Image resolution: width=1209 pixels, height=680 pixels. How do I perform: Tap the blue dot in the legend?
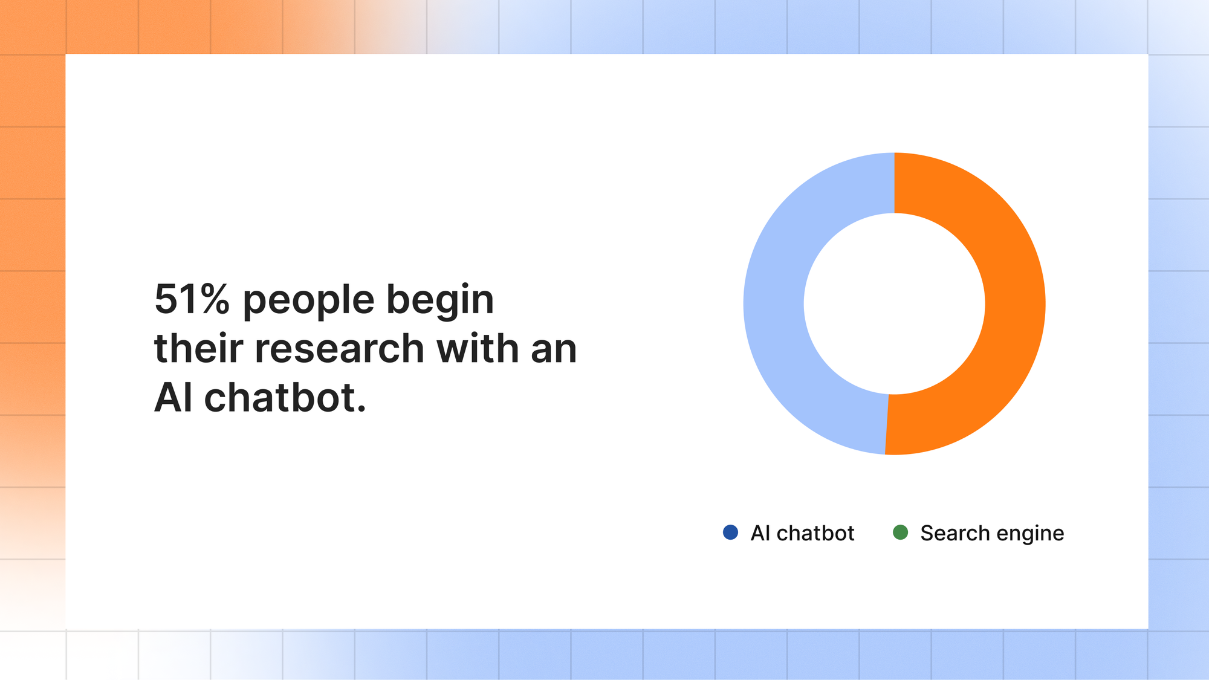pos(730,533)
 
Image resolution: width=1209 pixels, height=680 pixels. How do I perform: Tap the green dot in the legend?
pos(900,533)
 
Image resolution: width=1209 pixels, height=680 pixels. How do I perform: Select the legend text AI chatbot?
pos(802,533)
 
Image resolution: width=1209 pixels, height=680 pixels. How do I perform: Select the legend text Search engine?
pos(992,534)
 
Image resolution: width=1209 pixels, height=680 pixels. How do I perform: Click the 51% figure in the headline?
pos(192,299)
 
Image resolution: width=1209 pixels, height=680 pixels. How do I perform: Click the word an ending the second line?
pos(554,351)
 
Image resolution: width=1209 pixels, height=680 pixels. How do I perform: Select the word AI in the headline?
pos(173,398)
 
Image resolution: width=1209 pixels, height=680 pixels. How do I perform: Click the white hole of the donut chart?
pos(895,303)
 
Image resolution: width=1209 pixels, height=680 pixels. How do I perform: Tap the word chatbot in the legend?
pos(815,533)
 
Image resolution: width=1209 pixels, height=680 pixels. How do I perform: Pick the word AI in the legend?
pos(760,533)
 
